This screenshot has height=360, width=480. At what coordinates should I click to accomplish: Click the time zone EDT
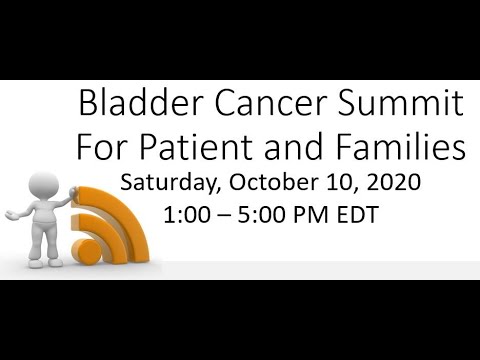click(358, 214)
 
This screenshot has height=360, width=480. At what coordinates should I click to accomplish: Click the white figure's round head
click(41, 186)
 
